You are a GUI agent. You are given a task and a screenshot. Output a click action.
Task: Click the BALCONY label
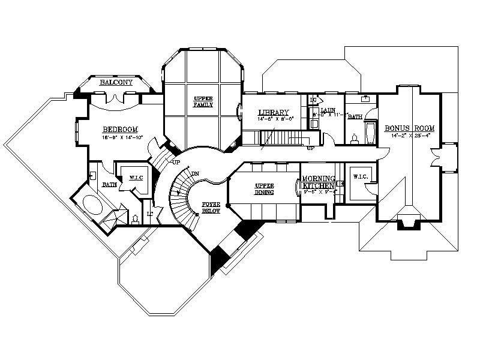click(x=116, y=82)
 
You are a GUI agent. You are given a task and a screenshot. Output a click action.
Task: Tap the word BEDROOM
click(x=120, y=129)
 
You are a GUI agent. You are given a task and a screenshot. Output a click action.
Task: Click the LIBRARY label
click(x=273, y=112)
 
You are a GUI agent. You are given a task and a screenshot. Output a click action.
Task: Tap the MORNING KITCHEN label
click(x=317, y=182)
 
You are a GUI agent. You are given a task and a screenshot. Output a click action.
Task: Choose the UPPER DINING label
click(x=265, y=189)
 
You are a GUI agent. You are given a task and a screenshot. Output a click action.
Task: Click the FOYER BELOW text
click(x=210, y=208)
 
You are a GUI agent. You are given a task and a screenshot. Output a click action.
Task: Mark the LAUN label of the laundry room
click(x=327, y=110)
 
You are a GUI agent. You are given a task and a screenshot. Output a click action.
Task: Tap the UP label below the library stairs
click(x=311, y=148)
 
